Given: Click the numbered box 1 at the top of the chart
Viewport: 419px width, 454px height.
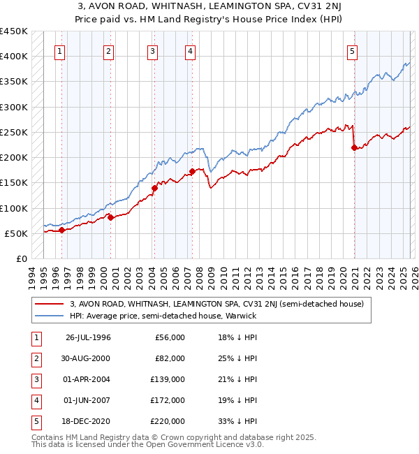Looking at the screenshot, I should [60, 51].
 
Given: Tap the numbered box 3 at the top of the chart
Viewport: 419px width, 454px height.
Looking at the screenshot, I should [152, 51].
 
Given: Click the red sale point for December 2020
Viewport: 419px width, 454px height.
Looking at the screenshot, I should [354, 147].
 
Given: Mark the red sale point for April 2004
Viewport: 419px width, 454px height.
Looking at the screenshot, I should [154, 188].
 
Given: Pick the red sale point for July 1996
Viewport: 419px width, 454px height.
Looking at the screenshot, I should [62, 230].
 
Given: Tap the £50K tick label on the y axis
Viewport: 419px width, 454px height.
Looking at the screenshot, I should [17, 233].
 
